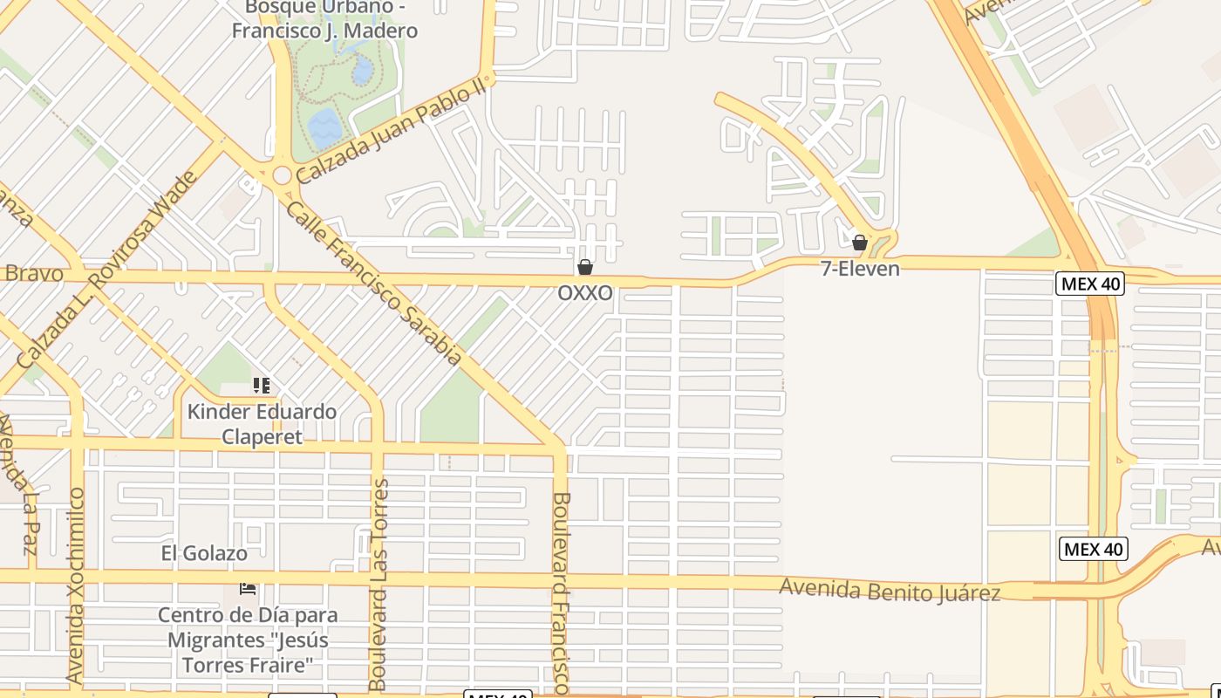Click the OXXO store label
tap(585, 293)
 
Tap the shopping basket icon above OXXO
tap(585, 267)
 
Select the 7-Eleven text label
tap(860, 269)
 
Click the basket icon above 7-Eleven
tap(860, 243)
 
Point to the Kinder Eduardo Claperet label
tap(262, 424)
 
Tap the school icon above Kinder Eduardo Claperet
tap(261, 385)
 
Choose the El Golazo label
tap(204, 553)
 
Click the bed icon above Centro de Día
tap(248, 589)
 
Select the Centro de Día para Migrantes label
tap(248, 640)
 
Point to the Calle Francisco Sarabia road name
tap(373, 284)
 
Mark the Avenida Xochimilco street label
tap(76, 585)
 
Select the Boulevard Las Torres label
tap(379, 585)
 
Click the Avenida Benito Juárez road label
tap(890, 591)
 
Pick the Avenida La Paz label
tap(17, 485)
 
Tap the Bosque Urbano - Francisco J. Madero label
tap(324, 19)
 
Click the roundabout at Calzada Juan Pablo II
tap(281, 175)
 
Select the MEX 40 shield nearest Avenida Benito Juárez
tap(1094, 549)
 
